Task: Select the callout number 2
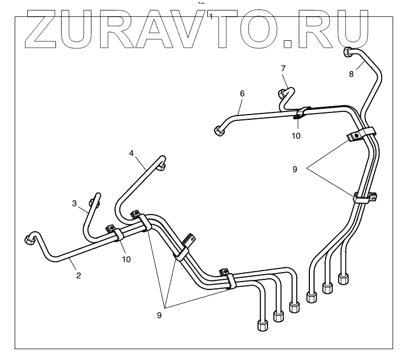pos(79,275)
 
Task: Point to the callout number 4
pos(132,153)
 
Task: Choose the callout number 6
pos(242,93)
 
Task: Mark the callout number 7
pos(283,69)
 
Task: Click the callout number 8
pos(351,74)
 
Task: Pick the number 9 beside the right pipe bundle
pos(295,170)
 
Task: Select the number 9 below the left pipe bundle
pos(159,315)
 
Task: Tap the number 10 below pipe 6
pos(296,136)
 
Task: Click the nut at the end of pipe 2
pos(30,240)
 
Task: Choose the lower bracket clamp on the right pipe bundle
pos(364,198)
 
